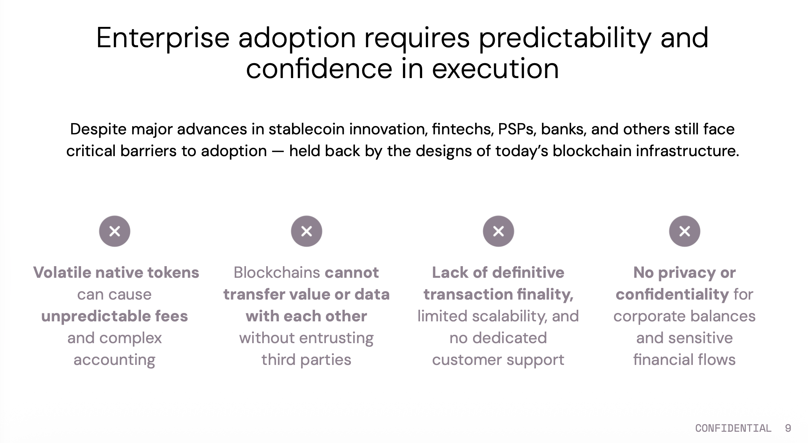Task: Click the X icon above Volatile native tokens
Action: pos(114,231)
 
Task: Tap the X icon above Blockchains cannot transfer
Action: pos(306,231)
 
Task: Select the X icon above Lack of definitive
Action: pos(498,231)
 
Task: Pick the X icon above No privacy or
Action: pos(684,231)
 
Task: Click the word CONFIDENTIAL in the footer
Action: pos(733,428)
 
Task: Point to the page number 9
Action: pos(788,428)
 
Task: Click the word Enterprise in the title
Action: pos(163,38)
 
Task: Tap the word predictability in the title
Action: pos(565,38)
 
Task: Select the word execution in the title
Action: pos(495,69)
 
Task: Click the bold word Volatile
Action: pos(62,272)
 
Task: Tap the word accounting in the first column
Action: pos(114,360)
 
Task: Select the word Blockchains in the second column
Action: pos(277,272)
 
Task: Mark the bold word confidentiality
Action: pos(672,294)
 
